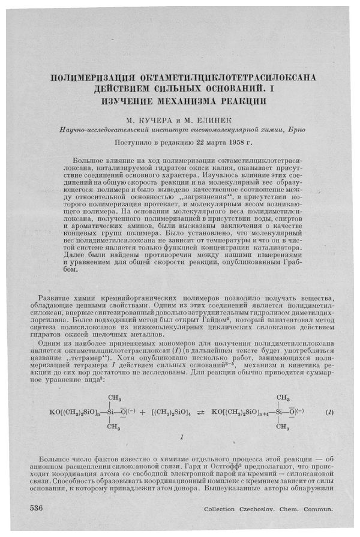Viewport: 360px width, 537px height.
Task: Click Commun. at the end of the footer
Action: [319, 510]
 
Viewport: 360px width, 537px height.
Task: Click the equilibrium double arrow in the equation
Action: [200, 413]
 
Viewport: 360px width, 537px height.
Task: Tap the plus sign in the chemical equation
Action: [142, 413]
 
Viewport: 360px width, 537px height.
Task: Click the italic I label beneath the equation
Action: [181, 439]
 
